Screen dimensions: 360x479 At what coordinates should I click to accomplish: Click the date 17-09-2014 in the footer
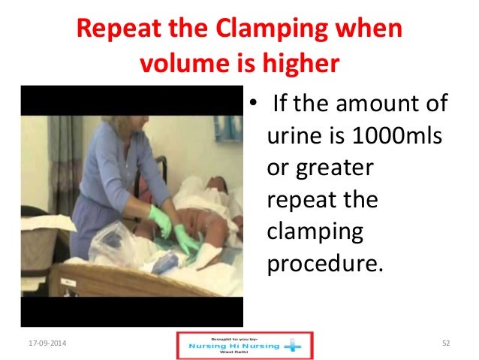(41, 343)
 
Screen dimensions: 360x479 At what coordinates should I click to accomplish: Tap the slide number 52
(446, 343)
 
